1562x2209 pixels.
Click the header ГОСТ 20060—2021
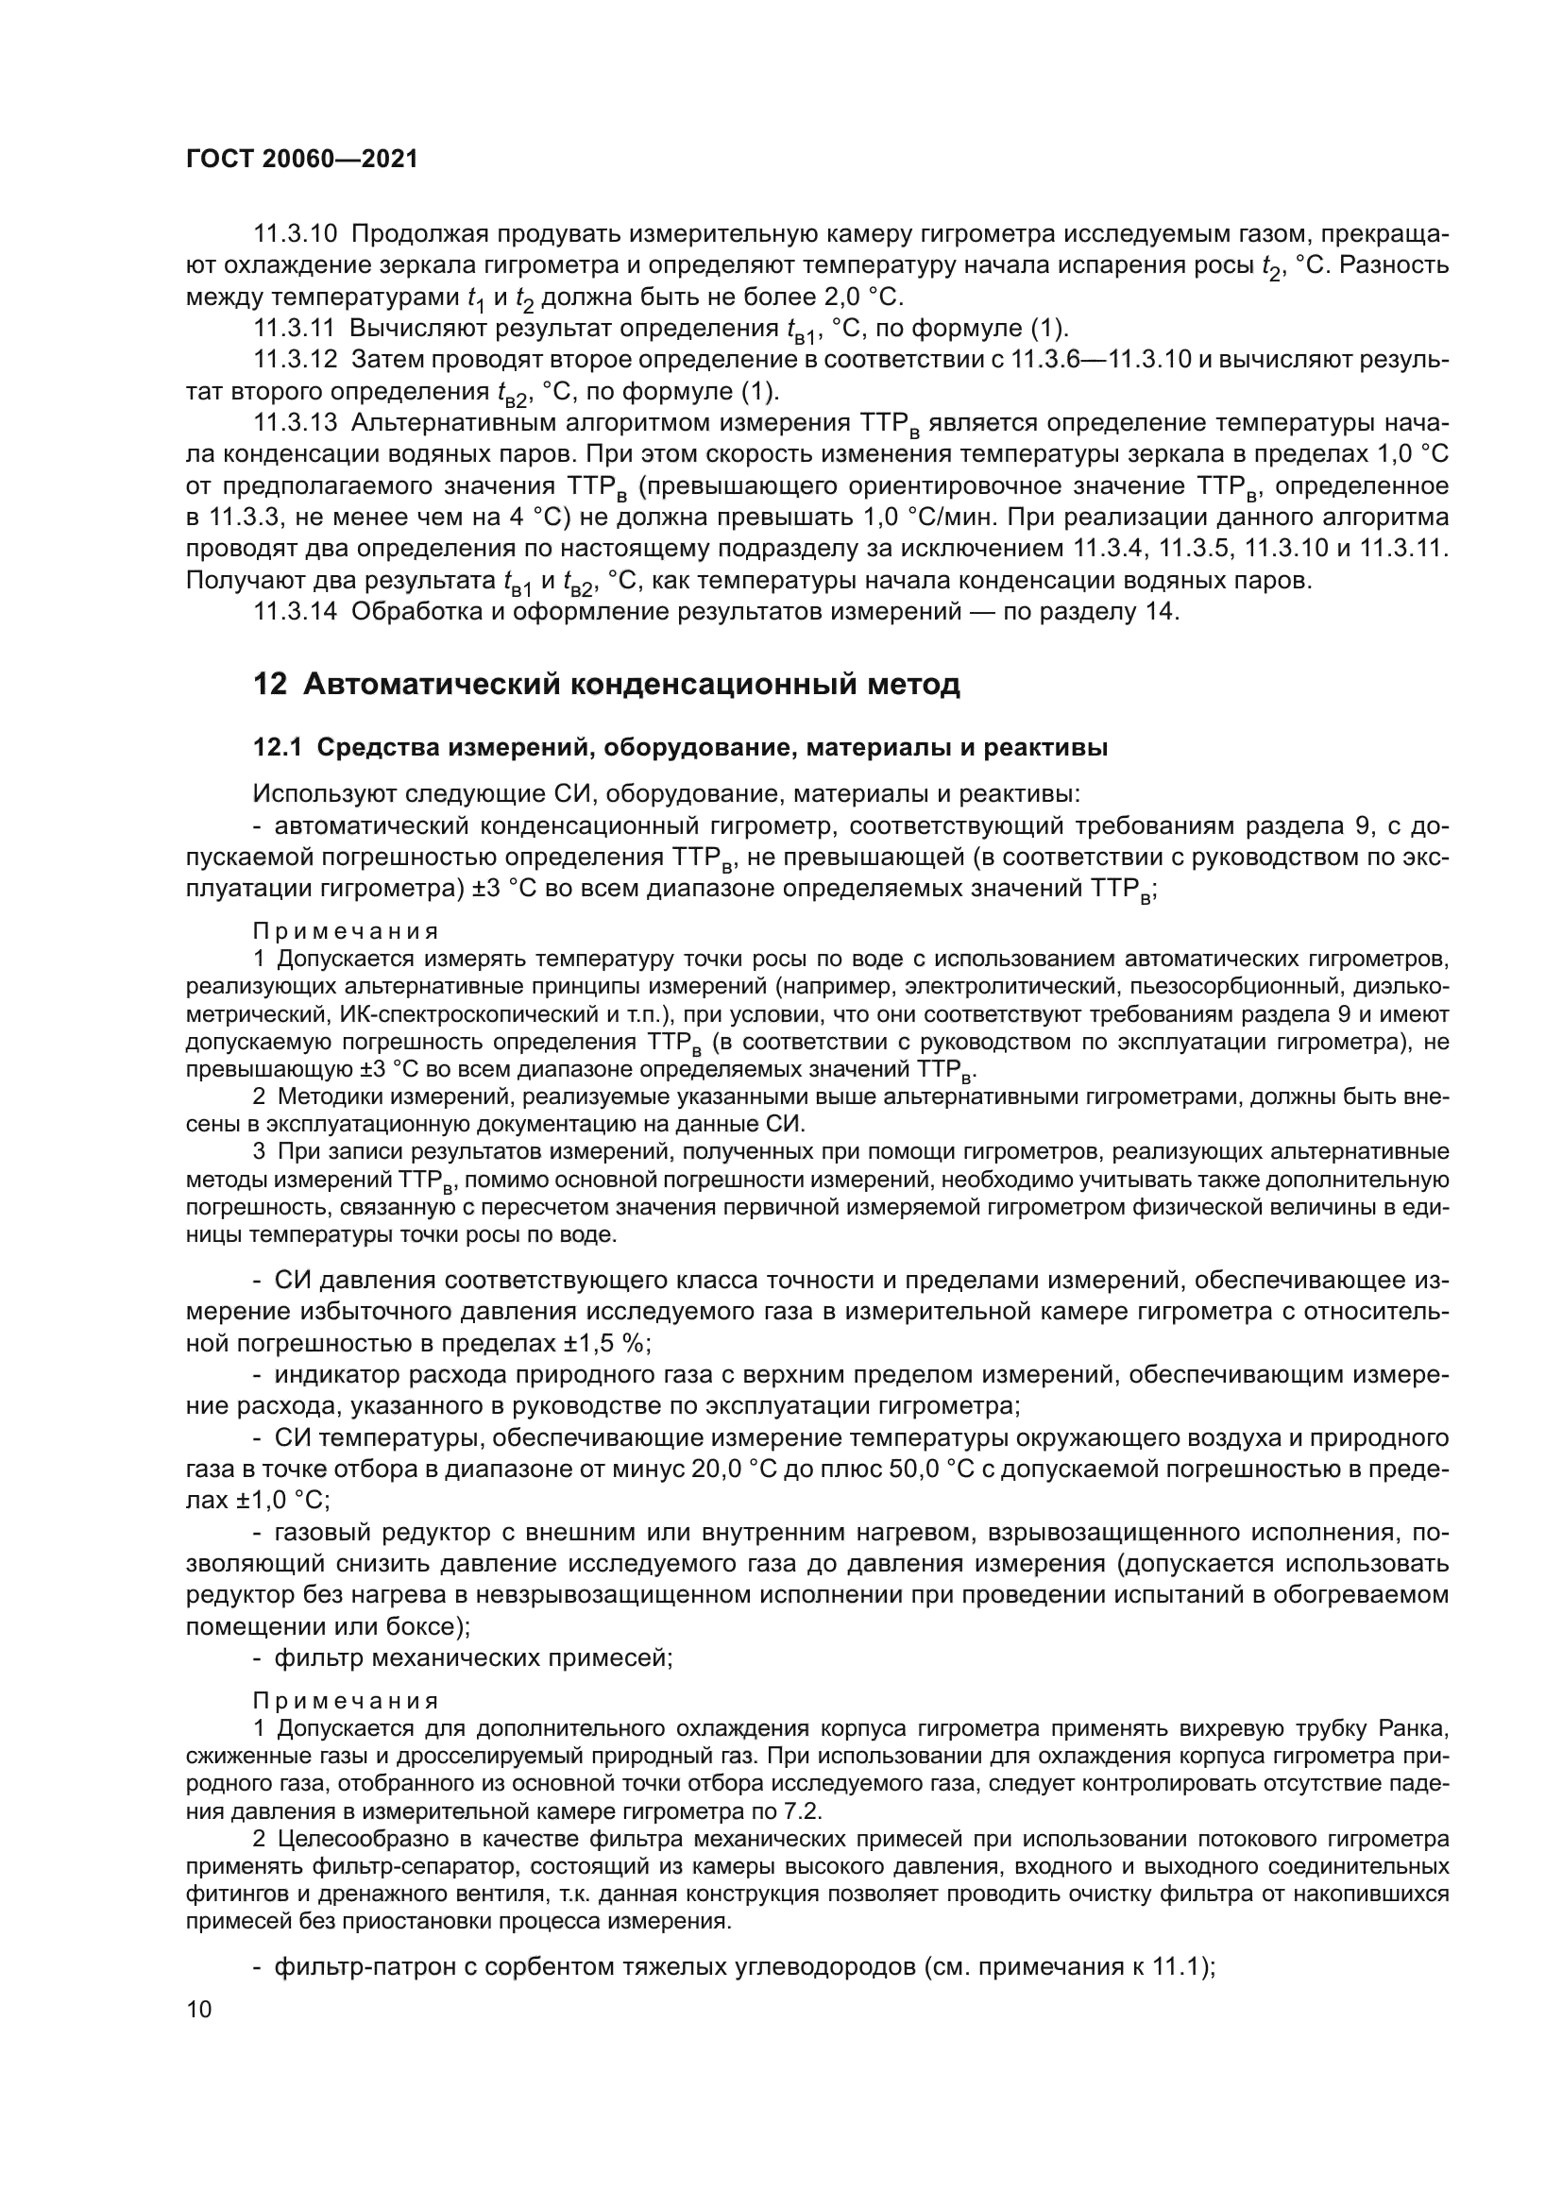pyautogui.click(x=302, y=160)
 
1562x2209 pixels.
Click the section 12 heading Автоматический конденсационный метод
pyautogui.click(x=606, y=684)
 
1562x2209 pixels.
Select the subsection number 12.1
pyautogui.click(x=277, y=748)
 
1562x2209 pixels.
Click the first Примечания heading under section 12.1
pyautogui.click(x=347, y=930)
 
